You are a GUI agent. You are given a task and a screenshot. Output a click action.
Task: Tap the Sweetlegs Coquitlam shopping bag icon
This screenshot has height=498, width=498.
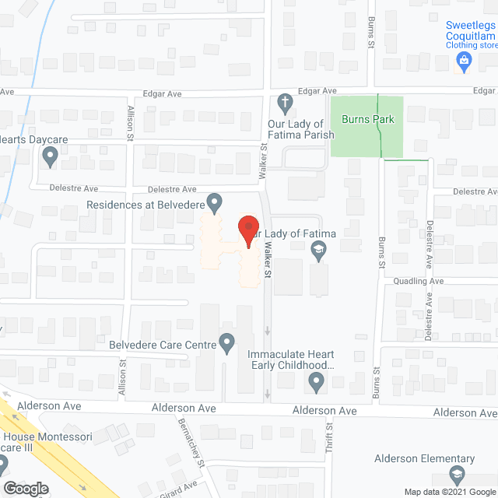tap(465, 61)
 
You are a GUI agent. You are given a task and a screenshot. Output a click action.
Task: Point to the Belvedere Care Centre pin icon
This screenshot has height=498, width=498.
tap(226, 342)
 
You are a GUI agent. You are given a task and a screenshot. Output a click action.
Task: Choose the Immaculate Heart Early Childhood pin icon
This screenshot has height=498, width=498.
tap(316, 382)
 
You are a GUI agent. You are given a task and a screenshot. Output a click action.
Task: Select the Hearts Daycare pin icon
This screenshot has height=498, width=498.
tap(51, 157)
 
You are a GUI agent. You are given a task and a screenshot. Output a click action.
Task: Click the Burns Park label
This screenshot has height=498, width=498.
tap(367, 120)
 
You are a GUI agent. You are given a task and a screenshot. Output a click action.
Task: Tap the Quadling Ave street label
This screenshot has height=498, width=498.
tap(418, 281)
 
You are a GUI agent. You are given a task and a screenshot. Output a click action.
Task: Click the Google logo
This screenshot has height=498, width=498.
tap(25, 489)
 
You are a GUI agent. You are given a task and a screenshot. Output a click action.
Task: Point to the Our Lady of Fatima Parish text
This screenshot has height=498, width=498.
tap(296, 129)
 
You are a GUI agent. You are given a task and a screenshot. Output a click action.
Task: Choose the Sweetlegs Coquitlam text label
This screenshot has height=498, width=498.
tap(471, 30)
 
